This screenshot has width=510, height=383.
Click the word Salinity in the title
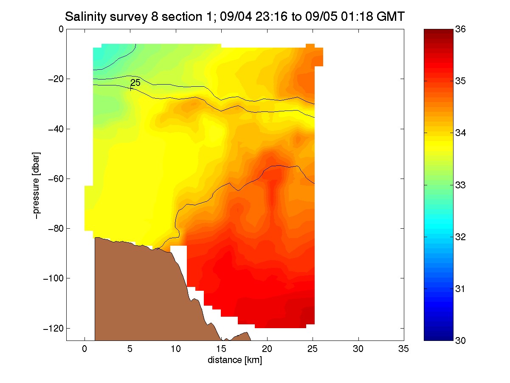pos(87,17)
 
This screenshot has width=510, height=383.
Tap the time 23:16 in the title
pos(271,17)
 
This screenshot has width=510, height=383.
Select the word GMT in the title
pos(391,17)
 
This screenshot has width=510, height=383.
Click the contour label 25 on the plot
pos(135,82)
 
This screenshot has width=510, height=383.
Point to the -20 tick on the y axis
pos(56,79)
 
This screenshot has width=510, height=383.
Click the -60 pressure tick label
pos(56,179)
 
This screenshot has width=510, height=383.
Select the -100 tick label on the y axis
pos(54,278)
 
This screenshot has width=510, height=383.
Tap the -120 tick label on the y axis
pos(54,328)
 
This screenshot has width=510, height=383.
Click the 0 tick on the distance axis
pos(85,349)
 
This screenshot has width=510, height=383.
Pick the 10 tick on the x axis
pos(176,349)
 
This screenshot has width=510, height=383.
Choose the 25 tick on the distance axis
pos(313,349)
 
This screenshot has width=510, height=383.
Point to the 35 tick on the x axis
pos(403,349)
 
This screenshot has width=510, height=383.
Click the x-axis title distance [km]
pos(235,360)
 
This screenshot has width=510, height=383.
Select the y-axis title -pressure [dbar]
pos(36,185)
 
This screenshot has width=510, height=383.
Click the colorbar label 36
pos(460,29)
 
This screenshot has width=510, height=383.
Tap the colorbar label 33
pos(460,185)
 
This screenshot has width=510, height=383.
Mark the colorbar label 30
pos(460,340)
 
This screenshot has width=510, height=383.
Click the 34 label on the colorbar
pos(460,133)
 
